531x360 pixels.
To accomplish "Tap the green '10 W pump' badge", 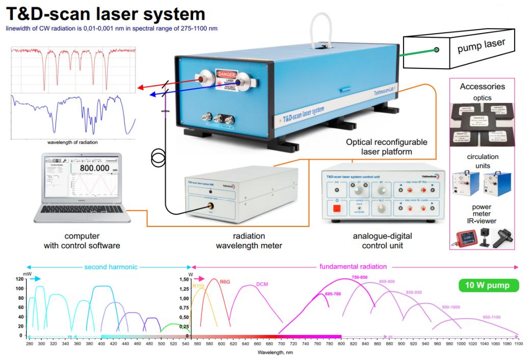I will pyautogui.click(x=488, y=285).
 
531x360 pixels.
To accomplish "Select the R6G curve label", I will pyautogui.click(x=225, y=281).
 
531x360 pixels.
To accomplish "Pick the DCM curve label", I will pyautogui.click(x=262, y=285).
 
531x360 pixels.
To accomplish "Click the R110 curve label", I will pyautogui.click(x=198, y=286).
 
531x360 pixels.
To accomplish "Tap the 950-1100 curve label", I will pyautogui.click(x=491, y=317).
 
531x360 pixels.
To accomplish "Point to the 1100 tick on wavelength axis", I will pyautogui.click(x=518, y=344).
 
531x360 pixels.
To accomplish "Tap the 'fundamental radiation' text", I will pyautogui.click(x=353, y=266).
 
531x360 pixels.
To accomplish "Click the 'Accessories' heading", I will pyautogui.click(x=482, y=87).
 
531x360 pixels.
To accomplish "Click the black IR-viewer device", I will pyautogui.click(x=502, y=237).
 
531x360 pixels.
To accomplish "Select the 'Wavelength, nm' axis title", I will pyautogui.click(x=275, y=352).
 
